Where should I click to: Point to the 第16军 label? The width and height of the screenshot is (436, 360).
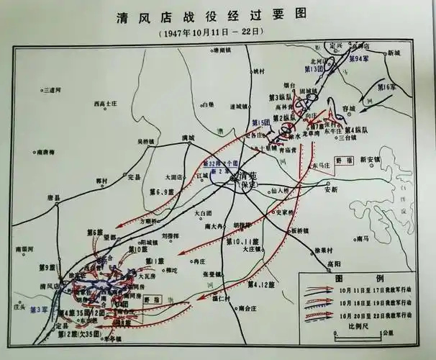click(x=387, y=87)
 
